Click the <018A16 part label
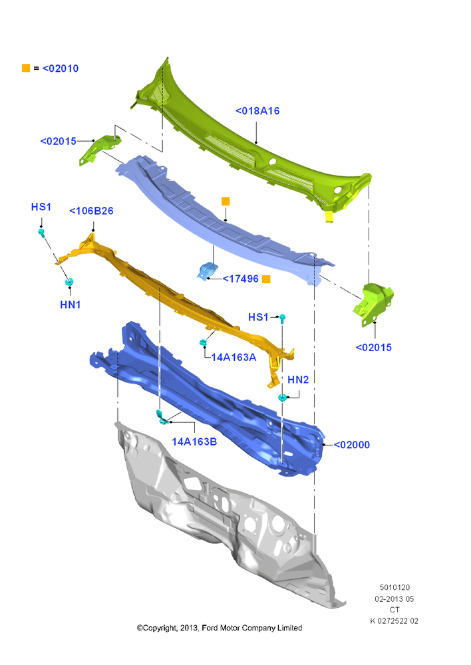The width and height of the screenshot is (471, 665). click(257, 111)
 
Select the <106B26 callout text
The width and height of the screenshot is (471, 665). click(91, 211)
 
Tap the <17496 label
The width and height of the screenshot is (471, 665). click(241, 279)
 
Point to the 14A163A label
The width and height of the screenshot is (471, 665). click(234, 358)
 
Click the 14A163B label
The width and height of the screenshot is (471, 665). click(194, 442)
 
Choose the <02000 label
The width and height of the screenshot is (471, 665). click(352, 445)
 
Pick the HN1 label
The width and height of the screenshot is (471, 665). click(71, 305)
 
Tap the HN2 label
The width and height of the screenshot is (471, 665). click(298, 380)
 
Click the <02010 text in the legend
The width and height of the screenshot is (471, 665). click(61, 68)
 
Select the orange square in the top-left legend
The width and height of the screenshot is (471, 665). click(26, 68)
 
